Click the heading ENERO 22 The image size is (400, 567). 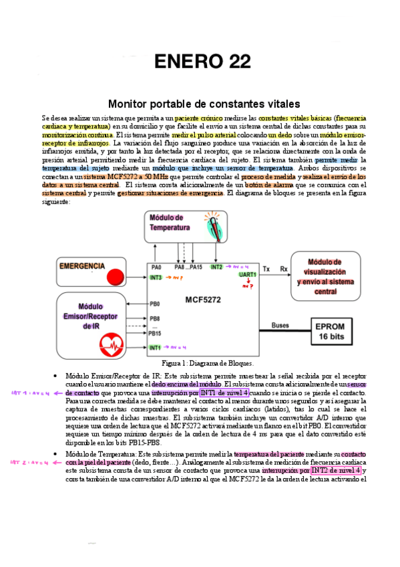click(x=202, y=62)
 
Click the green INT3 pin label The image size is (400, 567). click(x=156, y=277)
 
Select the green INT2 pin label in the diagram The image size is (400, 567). click(x=216, y=267)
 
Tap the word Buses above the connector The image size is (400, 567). click(x=280, y=326)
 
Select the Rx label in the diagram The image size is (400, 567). click(x=284, y=268)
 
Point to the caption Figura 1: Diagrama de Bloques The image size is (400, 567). click(x=202, y=363)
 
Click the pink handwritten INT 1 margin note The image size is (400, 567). click(x=29, y=393)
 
